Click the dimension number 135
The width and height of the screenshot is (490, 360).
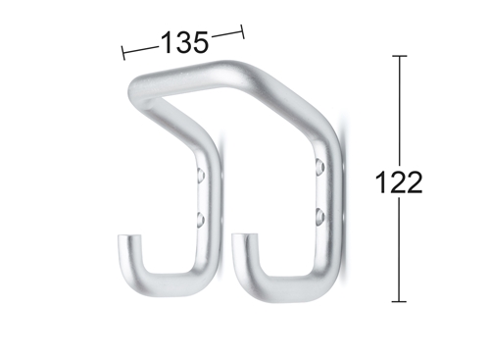pyautogui.click(x=184, y=42)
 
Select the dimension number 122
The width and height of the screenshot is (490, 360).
pyautogui.click(x=399, y=182)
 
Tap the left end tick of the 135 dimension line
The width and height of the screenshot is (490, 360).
pyautogui.click(x=123, y=53)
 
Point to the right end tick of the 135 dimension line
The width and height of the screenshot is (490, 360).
pyautogui.click(x=242, y=31)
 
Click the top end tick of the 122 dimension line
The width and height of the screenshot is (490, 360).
pyautogui.click(x=399, y=56)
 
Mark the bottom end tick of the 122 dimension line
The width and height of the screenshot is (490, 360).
pyautogui.click(x=399, y=301)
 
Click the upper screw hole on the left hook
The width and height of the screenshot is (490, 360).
pyautogui.click(x=201, y=174)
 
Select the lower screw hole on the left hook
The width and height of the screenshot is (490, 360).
pyautogui.click(x=201, y=219)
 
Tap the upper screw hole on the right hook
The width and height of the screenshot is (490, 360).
pyautogui.click(x=320, y=166)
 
